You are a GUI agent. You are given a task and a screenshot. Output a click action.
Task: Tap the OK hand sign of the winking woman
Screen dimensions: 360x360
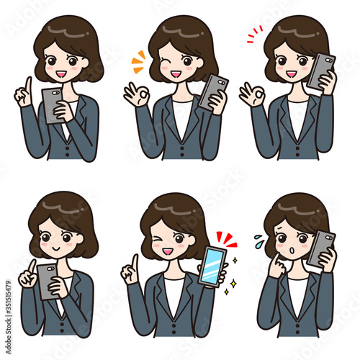pyautogui.click(x=134, y=94)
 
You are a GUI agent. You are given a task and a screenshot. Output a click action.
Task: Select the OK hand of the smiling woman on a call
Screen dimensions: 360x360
pyautogui.click(x=253, y=94)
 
